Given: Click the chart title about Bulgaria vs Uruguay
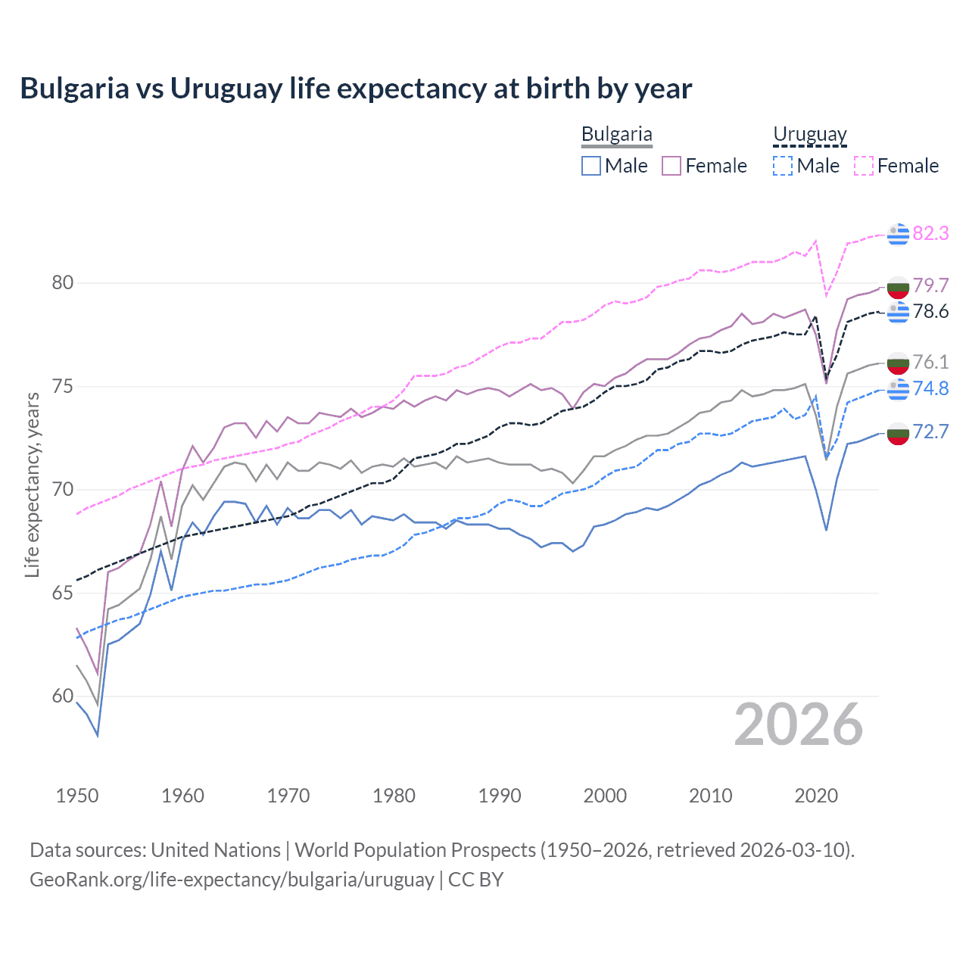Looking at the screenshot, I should tap(356, 89).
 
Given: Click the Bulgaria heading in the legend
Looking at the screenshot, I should tap(616, 135).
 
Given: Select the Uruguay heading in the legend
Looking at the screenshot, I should tap(809, 135).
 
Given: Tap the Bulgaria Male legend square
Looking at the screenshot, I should tap(591, 166).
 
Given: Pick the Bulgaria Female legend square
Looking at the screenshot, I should tap(671, 166).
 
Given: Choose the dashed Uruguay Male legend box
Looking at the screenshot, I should tap(783, 166).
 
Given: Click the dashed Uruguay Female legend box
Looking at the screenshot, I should tap(863, 166).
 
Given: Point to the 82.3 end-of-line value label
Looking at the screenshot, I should tap(930, 233).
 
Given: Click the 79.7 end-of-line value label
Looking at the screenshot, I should tap(930, 285).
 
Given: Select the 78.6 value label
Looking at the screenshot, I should tap(930, 312).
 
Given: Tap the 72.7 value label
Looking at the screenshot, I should tap(930, 432).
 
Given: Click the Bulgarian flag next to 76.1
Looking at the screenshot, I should tap(898, 363).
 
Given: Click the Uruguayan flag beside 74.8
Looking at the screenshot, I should tap(898, 389).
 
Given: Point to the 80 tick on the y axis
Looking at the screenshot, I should tap(63, 282).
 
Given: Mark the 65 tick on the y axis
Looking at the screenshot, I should tap(63, 593).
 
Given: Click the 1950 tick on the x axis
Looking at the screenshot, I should tap(77, 796).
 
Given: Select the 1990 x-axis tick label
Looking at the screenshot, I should tap(500, 796).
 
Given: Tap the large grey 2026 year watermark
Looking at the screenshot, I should tap(798, 725).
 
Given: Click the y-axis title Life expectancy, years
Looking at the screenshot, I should tap(32, 484).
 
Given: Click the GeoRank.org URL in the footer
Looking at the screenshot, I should tap(232, 880).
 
